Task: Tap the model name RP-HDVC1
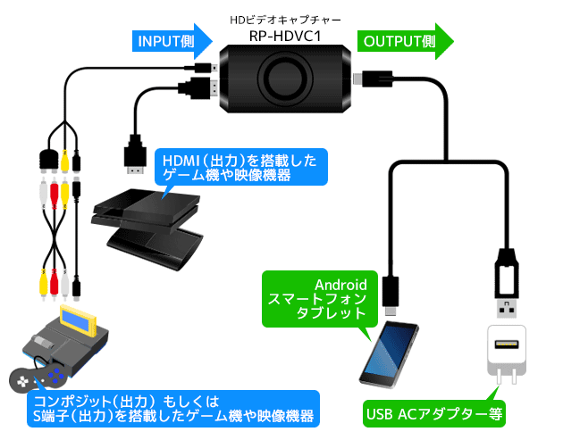(286, 36)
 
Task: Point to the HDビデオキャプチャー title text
(286, 17)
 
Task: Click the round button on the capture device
(286, 78)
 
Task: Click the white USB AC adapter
(507, 351)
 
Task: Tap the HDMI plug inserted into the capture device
(202, 87)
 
